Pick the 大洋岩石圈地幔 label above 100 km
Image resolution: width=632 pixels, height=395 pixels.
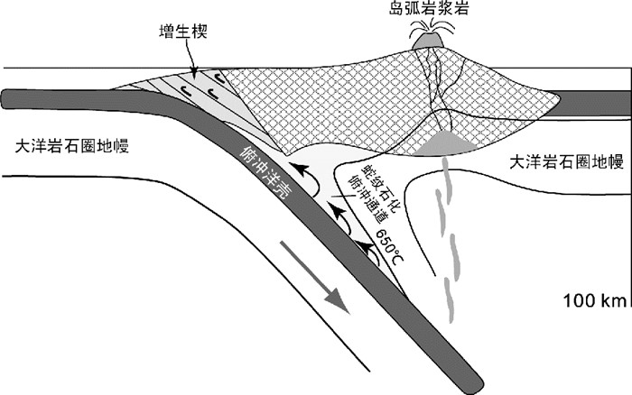point(566,162)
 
